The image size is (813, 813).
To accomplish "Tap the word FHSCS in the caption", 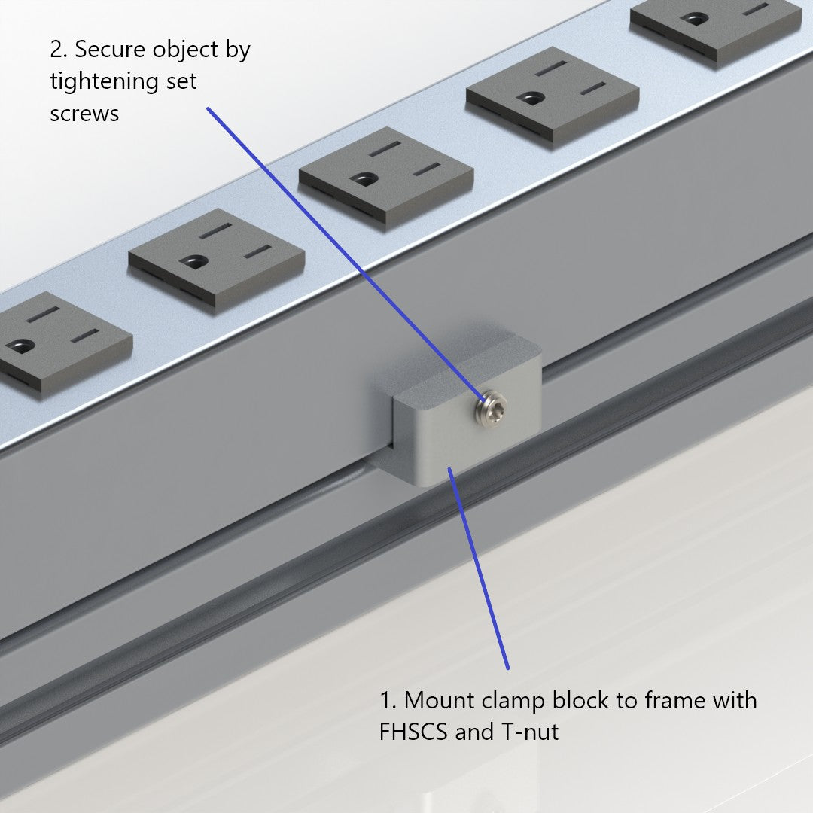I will pos(414,732).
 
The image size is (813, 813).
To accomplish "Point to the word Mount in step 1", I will pos(440,700).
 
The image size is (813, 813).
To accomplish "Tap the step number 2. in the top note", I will pos(59,50).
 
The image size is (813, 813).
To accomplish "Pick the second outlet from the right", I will pos(552,96).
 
